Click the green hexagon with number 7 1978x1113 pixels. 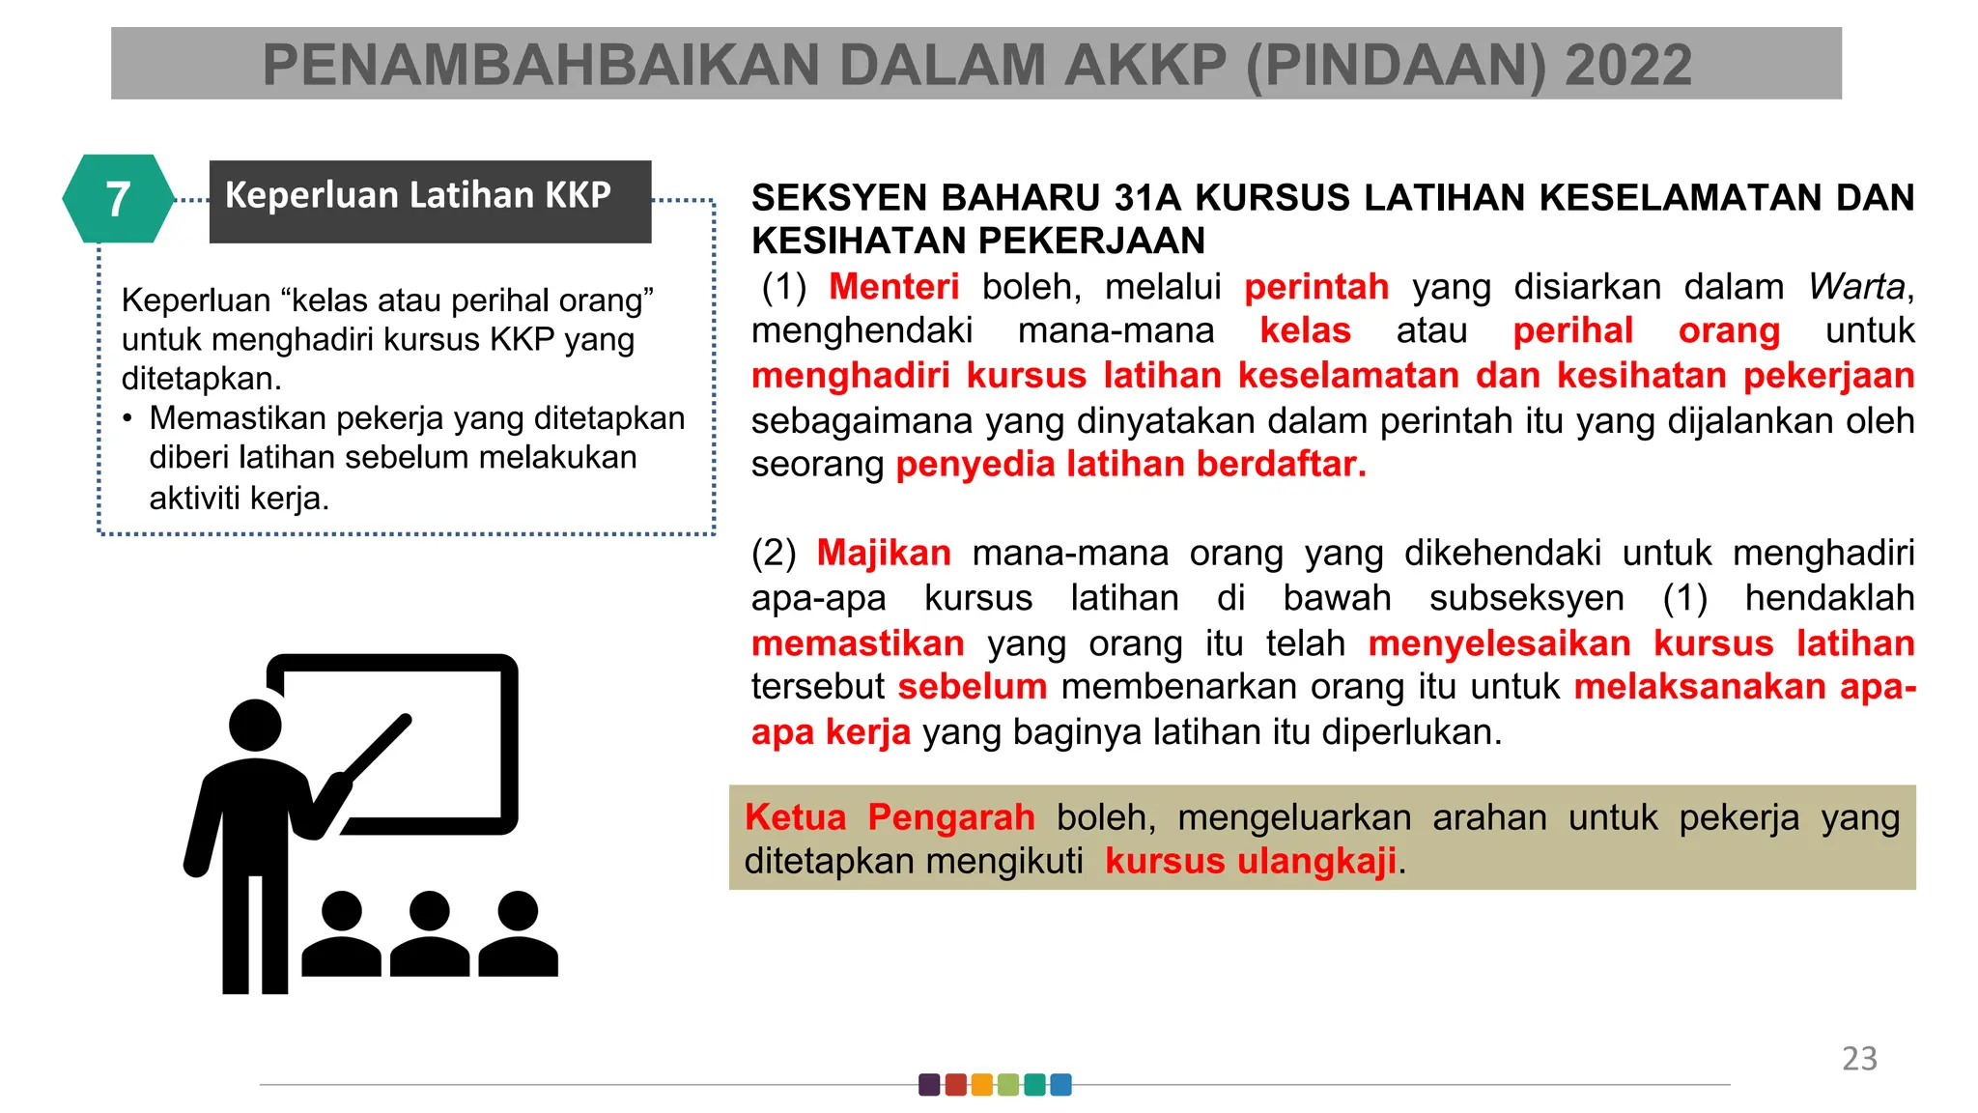pyautogui.click(x=118, y=199)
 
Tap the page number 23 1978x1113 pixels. pyautogui.click(x=1859, y=1059)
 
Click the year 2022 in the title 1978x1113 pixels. pyautogui.click(x=1628, y=66)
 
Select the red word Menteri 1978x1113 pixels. pyautogui.click(x=893, y=287)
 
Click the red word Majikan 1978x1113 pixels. pyautogui.click(x=884, y=553)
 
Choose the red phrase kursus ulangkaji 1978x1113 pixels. pyautogui.click(x=1251, y=861)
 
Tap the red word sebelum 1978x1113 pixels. pyautogui.click(x=973, y=687)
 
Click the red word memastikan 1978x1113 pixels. pyautogui.click(x=858, y=643)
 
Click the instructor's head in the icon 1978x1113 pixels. pyautogui.click(x=255, y=725)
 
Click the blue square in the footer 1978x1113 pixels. pyautogui.click(x=1060, y=1085)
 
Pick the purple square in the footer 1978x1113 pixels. pyautogui.click(x=929, y=1085)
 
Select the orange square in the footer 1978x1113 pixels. pyautogui.click(x=981, y=1085)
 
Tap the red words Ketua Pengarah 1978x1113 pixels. pyautogui.click(x=890, y=817)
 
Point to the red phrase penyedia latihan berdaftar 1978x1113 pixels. pyautogui.click(x=1131, y=465)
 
